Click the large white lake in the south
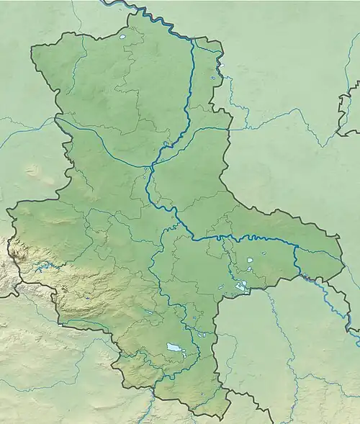[175, 348]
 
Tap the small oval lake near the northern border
[122, 37]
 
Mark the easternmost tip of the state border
[343, 259]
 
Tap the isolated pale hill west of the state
[32, 171]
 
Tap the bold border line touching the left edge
[6, 294]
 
